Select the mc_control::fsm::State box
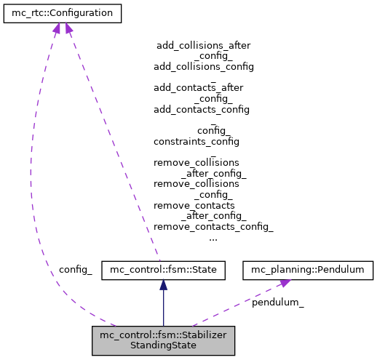tap(163, 270)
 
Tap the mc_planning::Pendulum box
tap(307, 270)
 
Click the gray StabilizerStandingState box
tap(163, 340)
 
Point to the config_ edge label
tap(76, 270)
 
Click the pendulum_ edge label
tap(277, 302)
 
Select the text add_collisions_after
tap(203, 45)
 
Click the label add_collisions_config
tap(203, 66)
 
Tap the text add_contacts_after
tap(198, 87)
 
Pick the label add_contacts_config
tap(201, 109)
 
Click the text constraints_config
tap(196, 141)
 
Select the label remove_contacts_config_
tap(213, 226)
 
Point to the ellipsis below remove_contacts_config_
tap(213, 237)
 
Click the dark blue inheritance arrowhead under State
tap(163, 285)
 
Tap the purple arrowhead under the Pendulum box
tap(285, 282)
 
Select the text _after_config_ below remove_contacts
tap(213, 216)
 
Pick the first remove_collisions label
tap(196, 162)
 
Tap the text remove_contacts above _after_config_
tap(194, 205)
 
